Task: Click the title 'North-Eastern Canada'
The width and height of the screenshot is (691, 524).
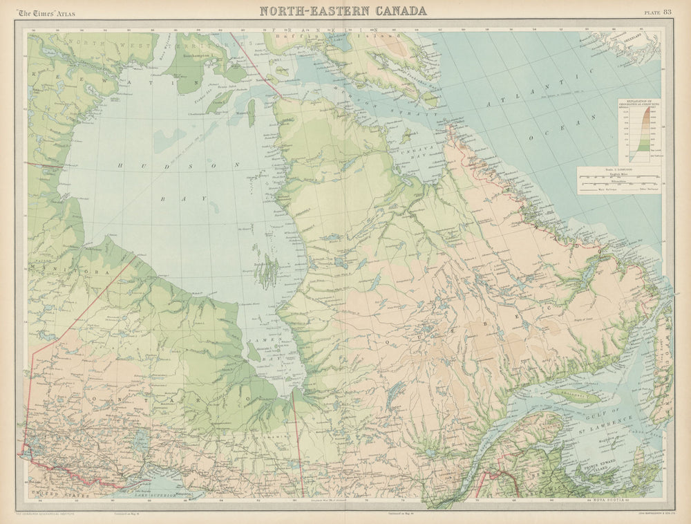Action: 343,10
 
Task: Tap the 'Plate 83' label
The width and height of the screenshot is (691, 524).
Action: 657,12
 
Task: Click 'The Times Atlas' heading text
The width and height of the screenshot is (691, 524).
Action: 47,13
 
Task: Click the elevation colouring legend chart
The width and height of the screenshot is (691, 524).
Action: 639,131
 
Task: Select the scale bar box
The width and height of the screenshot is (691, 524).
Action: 618,180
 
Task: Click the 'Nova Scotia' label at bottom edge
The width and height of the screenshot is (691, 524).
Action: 608,499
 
